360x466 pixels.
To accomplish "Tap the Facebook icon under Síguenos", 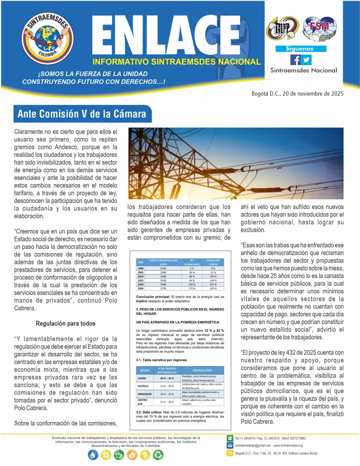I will point(295,60).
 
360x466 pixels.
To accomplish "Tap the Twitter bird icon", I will point(306,60).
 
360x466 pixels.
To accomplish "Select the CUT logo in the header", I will point(281,29).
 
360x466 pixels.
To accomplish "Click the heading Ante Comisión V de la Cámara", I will point(82,115).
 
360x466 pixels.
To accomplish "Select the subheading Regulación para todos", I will point(66,323).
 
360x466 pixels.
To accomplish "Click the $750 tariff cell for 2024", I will point(163,288).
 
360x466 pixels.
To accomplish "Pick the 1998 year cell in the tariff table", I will point(141,268).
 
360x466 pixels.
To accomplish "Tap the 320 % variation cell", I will point(213,288).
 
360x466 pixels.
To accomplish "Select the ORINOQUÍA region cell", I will point(146,394).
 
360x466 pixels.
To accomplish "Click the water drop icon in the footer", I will point(93,454).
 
